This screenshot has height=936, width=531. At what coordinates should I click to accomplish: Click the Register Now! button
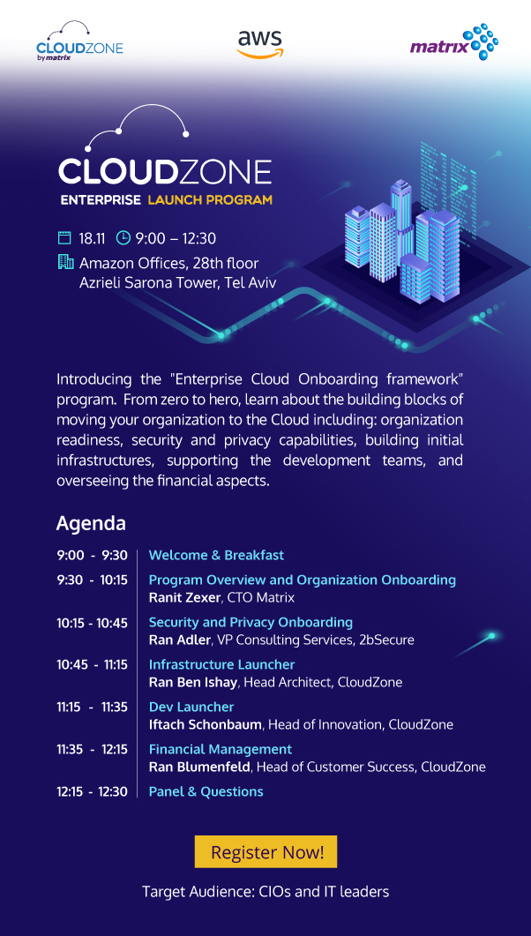click(x=265, y=852)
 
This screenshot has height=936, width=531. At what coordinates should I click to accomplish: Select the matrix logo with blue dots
click(x=453, y=43)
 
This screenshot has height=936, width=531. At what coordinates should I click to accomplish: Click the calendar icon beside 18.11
click(x=64, y=237)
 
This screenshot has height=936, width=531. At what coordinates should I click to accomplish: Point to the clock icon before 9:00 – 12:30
click(x=123, y=237)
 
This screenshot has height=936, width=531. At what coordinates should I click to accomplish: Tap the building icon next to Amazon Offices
click(x=64, y=262)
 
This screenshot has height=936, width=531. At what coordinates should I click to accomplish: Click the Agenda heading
click(x=91, y=523)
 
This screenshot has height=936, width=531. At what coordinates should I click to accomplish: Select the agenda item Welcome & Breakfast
click(x=216, y=555)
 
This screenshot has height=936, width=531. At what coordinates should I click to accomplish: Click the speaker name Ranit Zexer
click(x=184, y=597)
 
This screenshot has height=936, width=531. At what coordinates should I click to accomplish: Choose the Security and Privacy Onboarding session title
click(x=251, y=622)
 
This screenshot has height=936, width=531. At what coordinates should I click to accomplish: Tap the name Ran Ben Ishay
click(x=193, y=682)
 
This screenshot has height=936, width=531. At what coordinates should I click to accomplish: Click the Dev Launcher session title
click(x=191, y=707)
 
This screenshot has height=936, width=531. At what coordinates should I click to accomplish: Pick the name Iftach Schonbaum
click(x=205, y=724)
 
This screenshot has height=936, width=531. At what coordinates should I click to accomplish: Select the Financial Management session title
click(x=220, y=749)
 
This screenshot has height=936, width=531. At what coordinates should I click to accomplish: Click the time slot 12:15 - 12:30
click(x=92, y=791)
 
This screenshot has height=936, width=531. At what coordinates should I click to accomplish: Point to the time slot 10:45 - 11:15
click(x=92, y=664)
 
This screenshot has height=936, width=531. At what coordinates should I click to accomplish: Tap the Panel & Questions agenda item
click(x=206, y=791)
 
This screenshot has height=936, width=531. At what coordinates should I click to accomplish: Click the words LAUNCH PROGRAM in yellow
click(x=210, y=200)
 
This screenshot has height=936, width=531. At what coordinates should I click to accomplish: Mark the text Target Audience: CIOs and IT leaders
click(x=265, y=892)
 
